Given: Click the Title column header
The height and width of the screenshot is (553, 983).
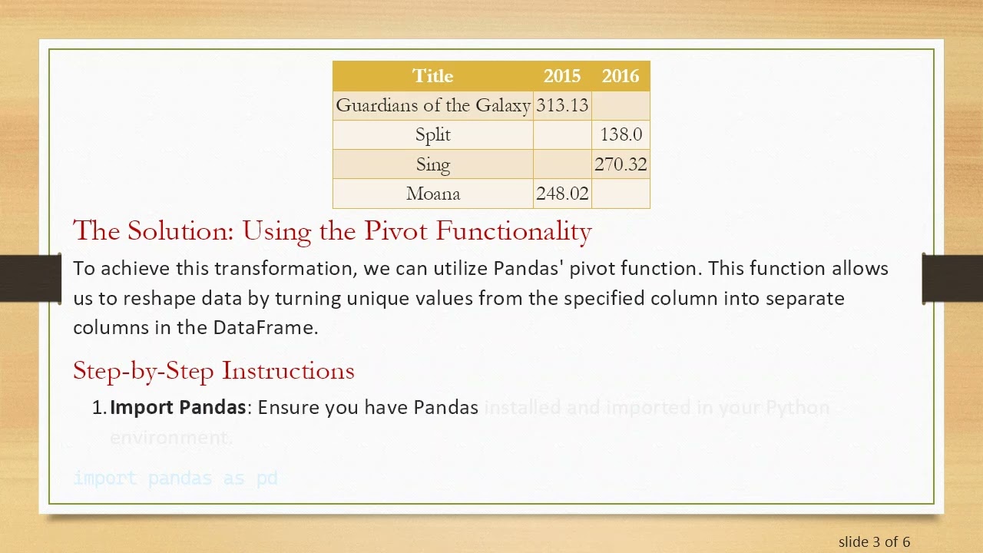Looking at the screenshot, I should click(x=433, y=76).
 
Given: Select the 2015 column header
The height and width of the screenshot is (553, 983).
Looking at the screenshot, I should click(x=562, y=76).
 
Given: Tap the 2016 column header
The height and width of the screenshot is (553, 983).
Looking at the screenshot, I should click(x=621, y=76).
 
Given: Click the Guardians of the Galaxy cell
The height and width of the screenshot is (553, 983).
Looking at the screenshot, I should click(x=433, y=105).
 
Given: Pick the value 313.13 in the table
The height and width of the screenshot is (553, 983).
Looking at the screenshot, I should click(x=562, y=105).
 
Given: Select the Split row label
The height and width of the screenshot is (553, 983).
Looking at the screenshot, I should click(x=433, y=134).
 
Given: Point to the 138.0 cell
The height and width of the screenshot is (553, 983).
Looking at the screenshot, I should click(x=621, y=134).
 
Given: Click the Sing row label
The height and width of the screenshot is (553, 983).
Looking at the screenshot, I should click(x=433, y=164).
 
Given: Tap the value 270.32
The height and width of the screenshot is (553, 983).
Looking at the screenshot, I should click(x=621, y=164).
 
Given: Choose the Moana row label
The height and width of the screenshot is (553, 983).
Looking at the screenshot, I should click(x=433, y=194).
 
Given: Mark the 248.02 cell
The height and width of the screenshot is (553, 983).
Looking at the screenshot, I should click(x=562, y=194).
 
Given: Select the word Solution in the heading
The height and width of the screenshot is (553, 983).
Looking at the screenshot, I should click(x=180, y=230).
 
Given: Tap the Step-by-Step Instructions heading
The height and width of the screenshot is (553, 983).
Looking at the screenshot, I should click(x=213, y=370).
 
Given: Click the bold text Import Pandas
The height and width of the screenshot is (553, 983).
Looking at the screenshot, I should click(x=177, y=407).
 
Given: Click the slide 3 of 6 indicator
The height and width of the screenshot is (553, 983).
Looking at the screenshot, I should click(x=874, y=541).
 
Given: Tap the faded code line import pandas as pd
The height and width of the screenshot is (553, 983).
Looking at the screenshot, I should click(x=175, y=478).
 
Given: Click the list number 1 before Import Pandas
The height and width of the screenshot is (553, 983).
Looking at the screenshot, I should click(x=98, y=407).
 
